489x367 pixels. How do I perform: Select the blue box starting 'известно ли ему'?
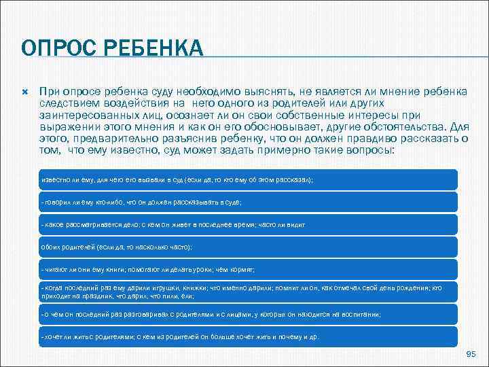point(249,179)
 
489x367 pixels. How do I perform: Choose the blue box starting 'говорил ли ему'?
point(249,202)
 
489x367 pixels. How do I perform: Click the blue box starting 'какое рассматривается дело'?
point(249,224)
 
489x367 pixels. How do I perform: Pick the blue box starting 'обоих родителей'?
point(249,246)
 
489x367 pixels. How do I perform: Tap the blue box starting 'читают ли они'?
point(249,268)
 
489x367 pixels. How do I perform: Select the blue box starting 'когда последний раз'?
point(249,292)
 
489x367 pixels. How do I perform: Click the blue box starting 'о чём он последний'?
point(249,314)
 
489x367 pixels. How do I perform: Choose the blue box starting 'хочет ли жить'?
point(249,336)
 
